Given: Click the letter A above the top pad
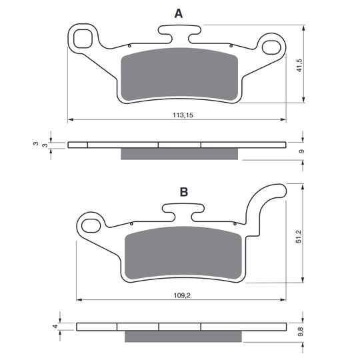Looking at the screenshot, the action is coord(179,13).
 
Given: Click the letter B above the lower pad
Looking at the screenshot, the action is coord(184,192).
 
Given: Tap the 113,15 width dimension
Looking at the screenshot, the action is coord(183,115).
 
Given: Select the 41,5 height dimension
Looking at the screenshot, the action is coord(300,65).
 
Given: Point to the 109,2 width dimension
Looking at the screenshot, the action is coord(182,295).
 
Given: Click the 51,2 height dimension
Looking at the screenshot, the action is coord(299,237).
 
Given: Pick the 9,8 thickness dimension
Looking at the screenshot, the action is coord(301,332).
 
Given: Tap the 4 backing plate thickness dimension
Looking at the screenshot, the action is coord(55,326).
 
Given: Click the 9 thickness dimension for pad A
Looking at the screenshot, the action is coord(302,151).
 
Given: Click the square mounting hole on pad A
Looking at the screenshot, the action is coord(83,39).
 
